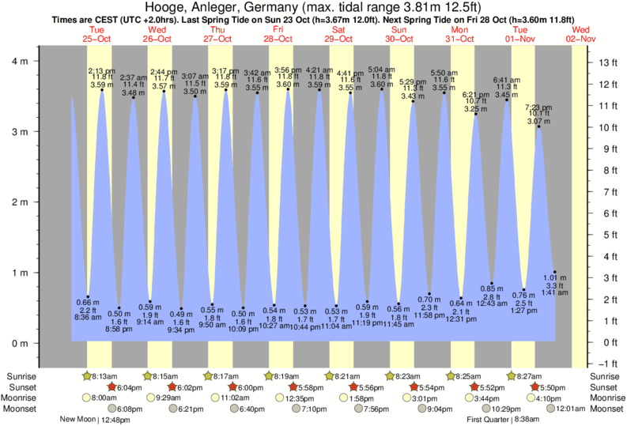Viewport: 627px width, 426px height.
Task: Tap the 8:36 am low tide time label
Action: [x=87, y=316]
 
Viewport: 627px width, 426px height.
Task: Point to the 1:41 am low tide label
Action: [x=555, y=292]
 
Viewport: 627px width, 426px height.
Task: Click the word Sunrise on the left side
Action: [x=21, y=375]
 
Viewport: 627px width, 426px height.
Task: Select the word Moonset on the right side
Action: [x=606, y=409]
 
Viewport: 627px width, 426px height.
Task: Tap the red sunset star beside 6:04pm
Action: [x=111, y=386]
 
